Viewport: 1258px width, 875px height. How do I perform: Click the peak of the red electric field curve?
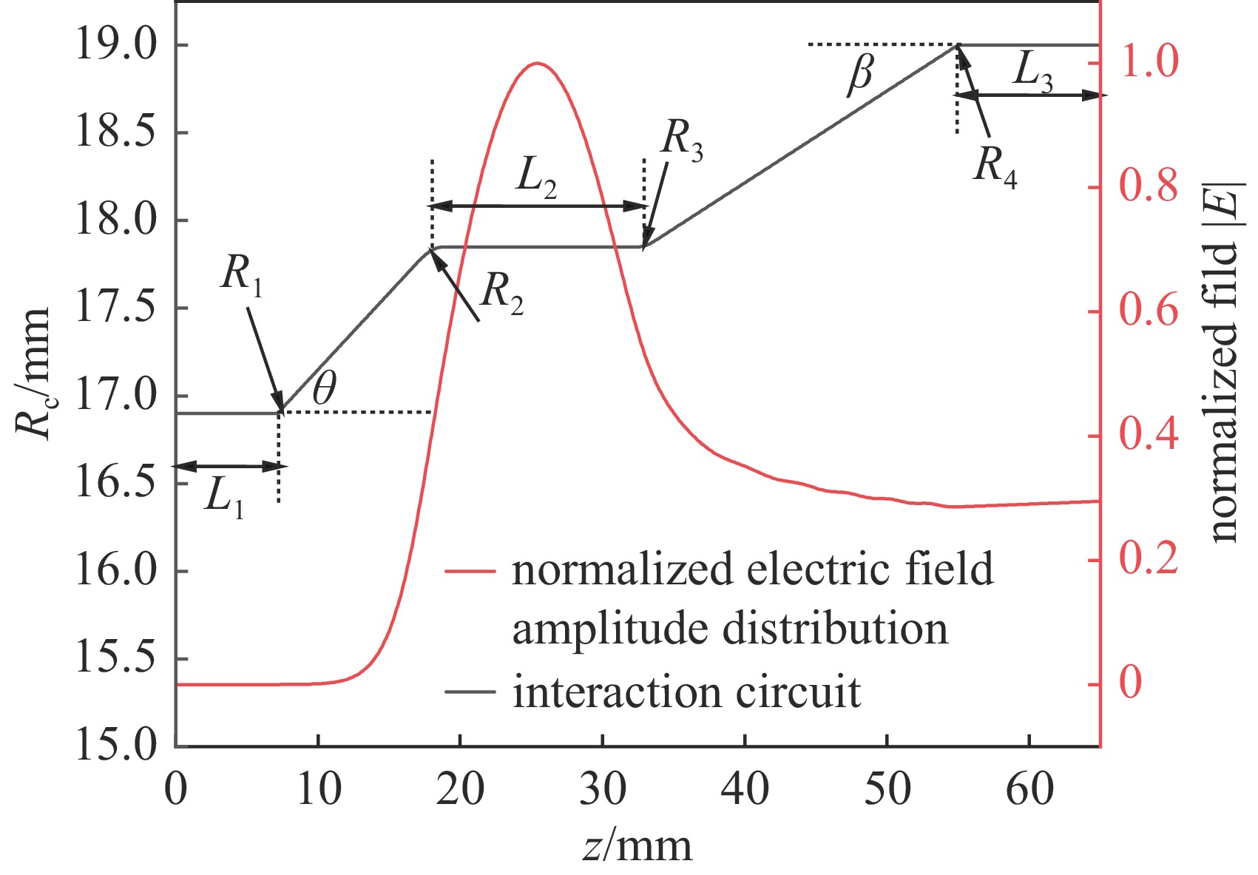[538, 64]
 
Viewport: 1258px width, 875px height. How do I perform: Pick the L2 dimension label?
[537, 178]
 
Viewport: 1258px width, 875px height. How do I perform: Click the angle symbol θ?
[324, 388]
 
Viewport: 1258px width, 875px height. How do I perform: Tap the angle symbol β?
[860, 75]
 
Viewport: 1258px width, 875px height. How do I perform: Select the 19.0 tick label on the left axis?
[115, 46]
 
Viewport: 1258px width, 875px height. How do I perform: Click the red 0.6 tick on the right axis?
[1148, 311]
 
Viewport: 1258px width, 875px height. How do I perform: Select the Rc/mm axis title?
[33, 374]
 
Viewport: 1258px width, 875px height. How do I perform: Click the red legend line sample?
[470, 571]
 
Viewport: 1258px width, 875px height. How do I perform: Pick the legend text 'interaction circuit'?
[687, 693]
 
